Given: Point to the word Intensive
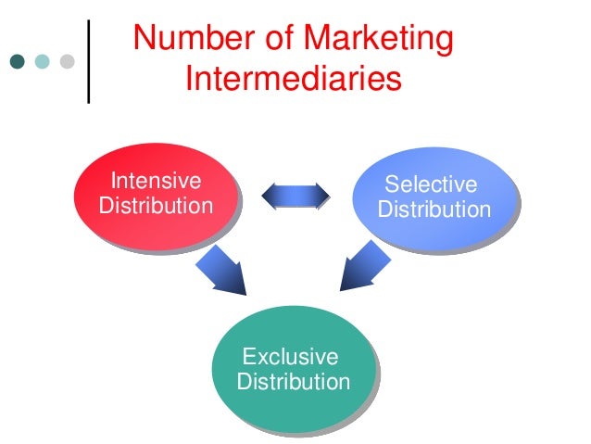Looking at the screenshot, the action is click(157, 180).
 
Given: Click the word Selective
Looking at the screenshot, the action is click(431, 184).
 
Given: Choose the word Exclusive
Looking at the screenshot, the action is click(289, 357).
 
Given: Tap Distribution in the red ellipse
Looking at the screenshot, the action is click(155, 205).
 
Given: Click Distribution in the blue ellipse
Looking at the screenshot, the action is click(434, 209).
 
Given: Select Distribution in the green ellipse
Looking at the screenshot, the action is click(294, 382).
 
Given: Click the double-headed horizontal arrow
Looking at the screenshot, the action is click(295, 195).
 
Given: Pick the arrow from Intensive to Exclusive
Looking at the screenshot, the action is click(221, 270).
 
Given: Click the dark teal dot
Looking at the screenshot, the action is click(18, 62).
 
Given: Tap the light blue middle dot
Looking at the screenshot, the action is click(42, 62).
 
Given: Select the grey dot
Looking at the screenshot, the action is click(67, 62).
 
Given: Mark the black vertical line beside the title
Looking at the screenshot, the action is click(89, 60).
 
